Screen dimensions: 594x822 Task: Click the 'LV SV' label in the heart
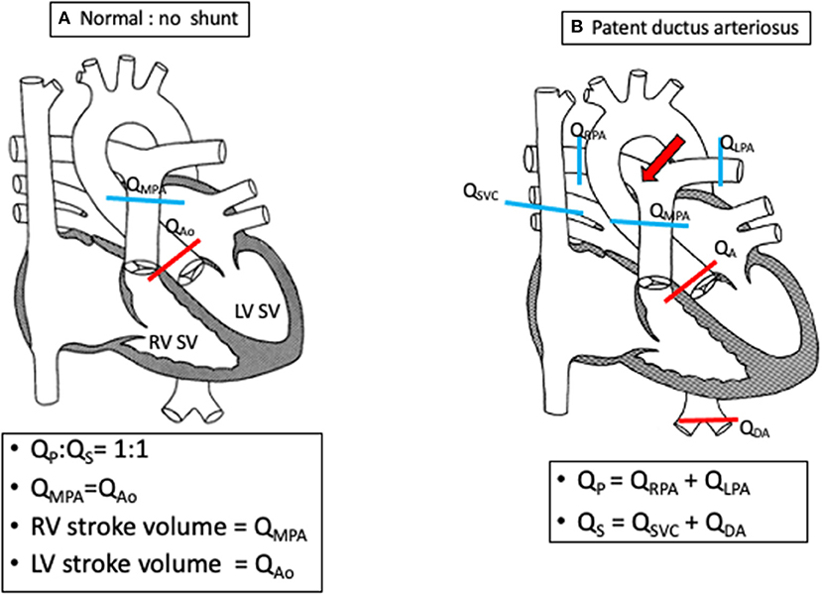(258, 311)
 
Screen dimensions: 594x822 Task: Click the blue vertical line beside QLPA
(720, 163)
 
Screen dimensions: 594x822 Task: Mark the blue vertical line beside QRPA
(579, 161)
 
